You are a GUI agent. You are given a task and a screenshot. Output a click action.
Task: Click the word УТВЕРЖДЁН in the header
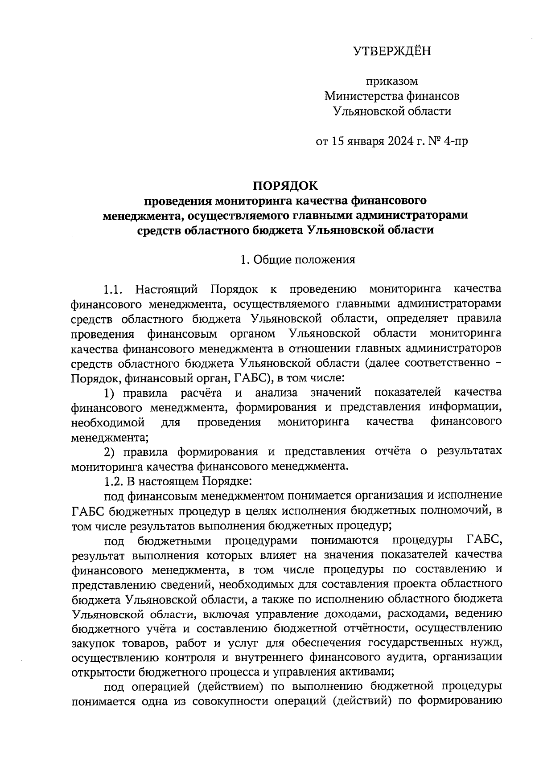pyautogui.click(x=392, y=52)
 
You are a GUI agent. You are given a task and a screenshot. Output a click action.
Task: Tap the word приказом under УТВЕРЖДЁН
pyautogui.click(x=392, y=82)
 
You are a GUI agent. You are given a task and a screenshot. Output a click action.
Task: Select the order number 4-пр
pyautogui.click(x=456, y=142)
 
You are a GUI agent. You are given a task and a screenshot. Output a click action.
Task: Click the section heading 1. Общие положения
pyautogui.click(x=298, y=260)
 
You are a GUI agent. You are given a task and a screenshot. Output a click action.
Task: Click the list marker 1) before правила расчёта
pyautogui.click(x=111, y=393)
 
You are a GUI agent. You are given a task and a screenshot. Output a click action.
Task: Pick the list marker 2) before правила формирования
pyautogui.click(x=111, y=452)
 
